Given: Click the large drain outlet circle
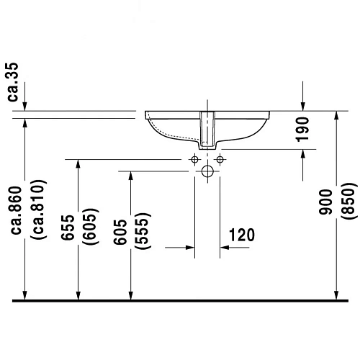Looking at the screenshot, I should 207,171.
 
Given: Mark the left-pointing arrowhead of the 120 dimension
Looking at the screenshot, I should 225,248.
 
